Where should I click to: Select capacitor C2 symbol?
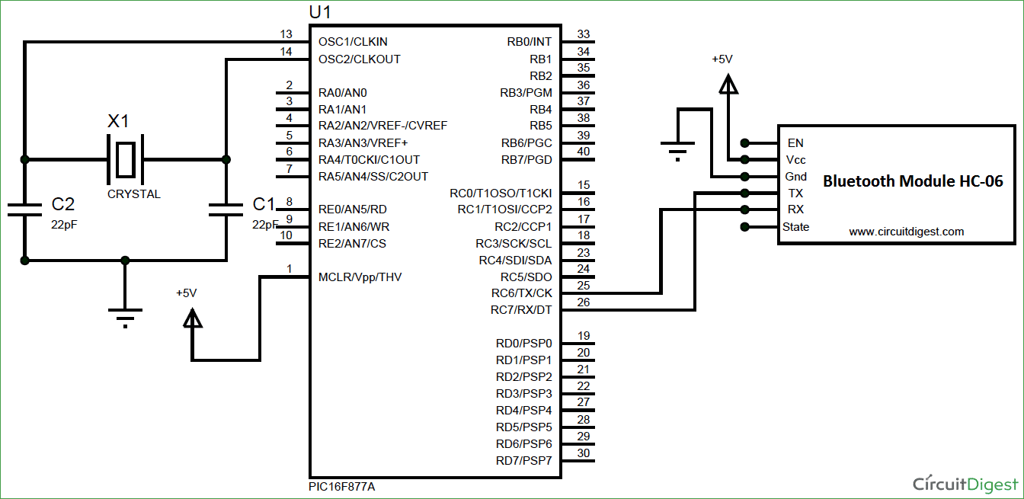pyautogui.click(x=25, y=210)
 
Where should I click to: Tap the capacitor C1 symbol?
pyautogui.click(x=226, y=210)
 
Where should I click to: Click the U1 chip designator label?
pyautogui.click(x=320, y=13)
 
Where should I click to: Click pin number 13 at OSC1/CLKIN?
pyautogui.click(x=286, y=34)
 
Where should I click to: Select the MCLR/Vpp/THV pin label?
pyautogui.click(x=360, y=277)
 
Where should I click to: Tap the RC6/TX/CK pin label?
pyautogui.click(x=521, y=293)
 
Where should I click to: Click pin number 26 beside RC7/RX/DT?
pyautogui.click(x=584, y=302)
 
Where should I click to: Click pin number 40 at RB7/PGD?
pyautogui.click(x=584, y=152)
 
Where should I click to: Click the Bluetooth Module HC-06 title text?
pyautogui.click(x=913, y=181)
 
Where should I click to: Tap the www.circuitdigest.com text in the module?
pyautogui.click(x=907, y=232)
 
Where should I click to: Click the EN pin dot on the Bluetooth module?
pyautogui.click(x=744, y=142)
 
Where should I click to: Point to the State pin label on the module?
pyautogui.click(x=795, y=227)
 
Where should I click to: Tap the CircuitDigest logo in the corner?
pyautogui.click(x=965, y=484)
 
